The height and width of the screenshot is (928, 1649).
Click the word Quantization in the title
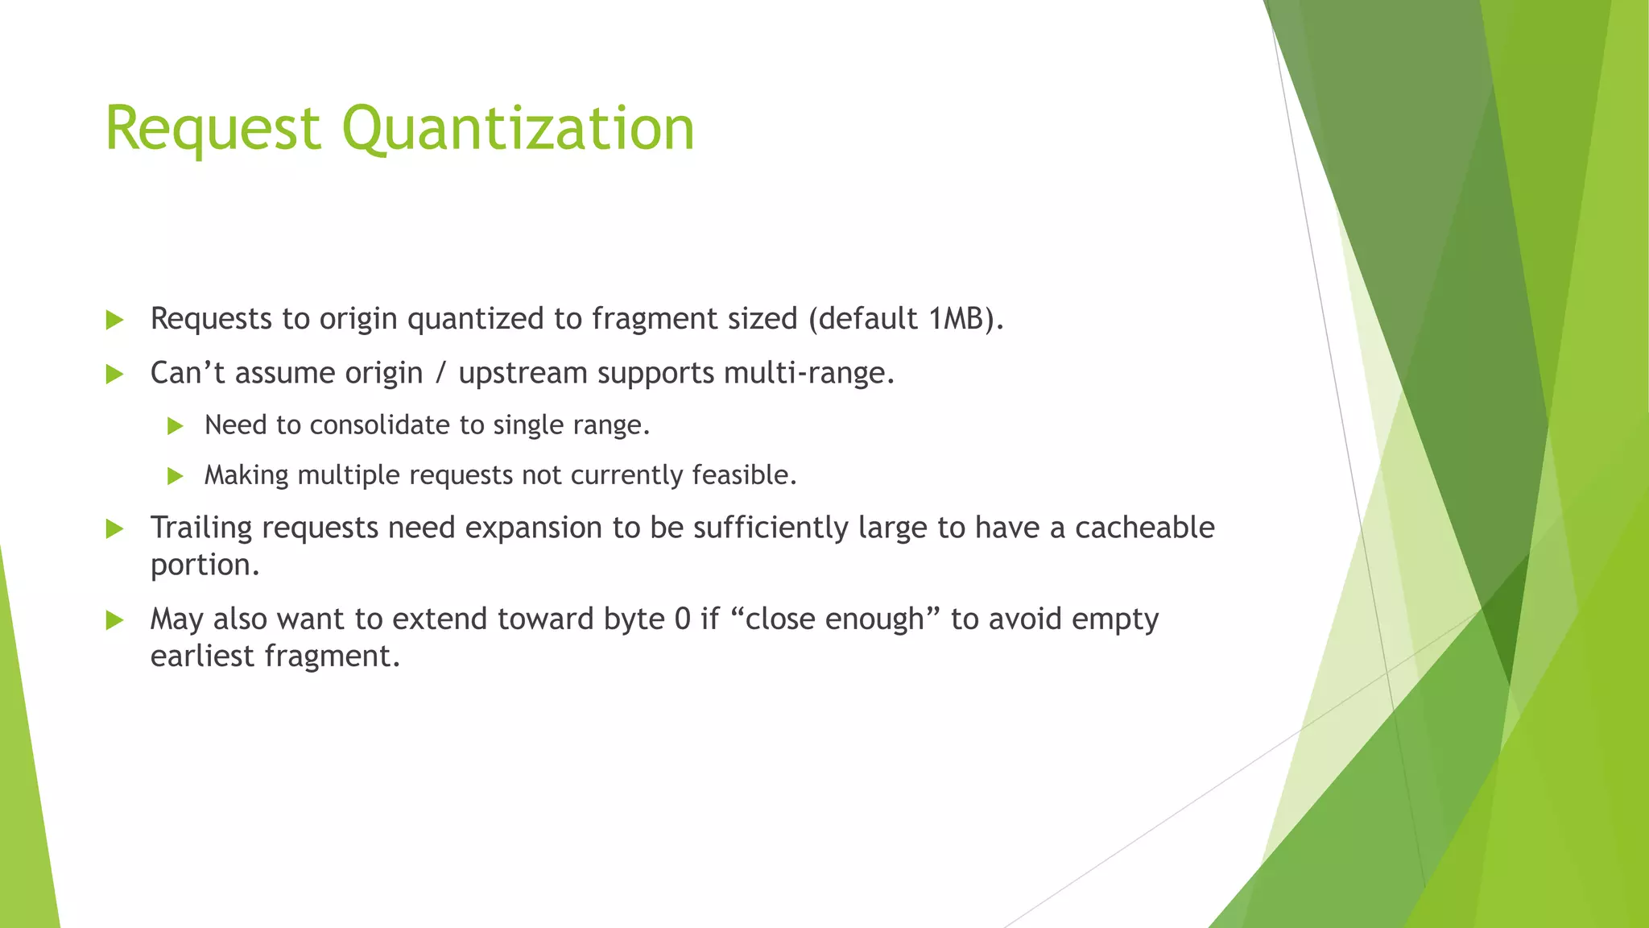[518, 129]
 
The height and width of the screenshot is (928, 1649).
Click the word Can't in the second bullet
[187, 373]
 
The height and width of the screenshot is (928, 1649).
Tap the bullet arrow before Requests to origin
[114, 321]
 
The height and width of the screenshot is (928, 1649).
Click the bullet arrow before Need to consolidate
[176, 426]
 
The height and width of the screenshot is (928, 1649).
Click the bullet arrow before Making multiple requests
[176, 476]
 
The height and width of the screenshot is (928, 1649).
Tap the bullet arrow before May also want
[114, 620]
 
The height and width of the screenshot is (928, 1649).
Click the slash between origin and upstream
[440, 373]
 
